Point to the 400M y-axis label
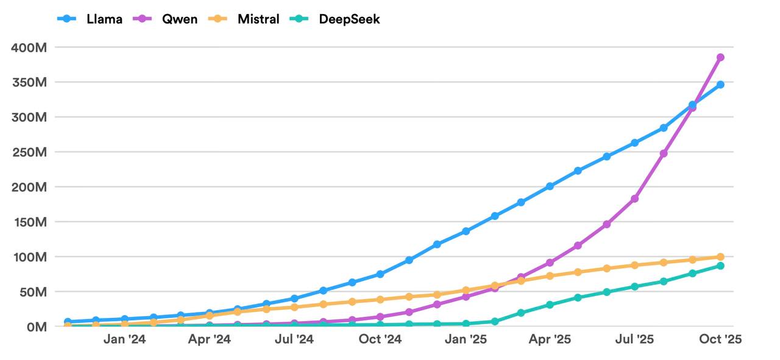click(29, 47)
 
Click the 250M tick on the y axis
click(29, 152)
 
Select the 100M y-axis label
click(29, 256)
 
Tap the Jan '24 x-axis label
click(124, 339)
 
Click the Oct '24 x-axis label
click(380, 339)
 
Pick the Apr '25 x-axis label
click(550, 339)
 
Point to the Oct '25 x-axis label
click(720, 339)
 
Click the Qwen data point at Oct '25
click(720, 57)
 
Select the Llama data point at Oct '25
click(720, 85)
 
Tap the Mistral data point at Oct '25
click(720, 257)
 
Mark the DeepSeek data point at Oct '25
click(720, 266)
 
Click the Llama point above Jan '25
click(466, 231)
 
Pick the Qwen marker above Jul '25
click(634, 199)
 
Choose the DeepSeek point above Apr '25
click(550, 305)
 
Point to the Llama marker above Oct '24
click(380, 274)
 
